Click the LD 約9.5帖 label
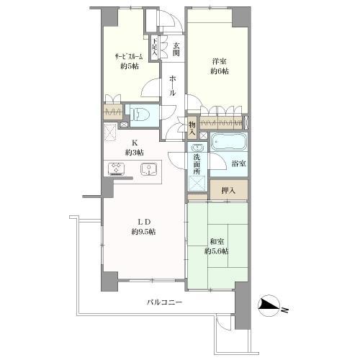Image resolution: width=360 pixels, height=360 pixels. click(x=144, y=225)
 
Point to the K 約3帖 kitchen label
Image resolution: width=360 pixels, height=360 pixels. click(x=134, y=148)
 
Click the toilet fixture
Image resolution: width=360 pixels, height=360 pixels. click(x=138, y=113)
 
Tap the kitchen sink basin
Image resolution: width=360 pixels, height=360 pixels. click(x=148, y=171)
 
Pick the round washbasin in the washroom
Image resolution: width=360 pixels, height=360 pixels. click(x=197, y=148)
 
